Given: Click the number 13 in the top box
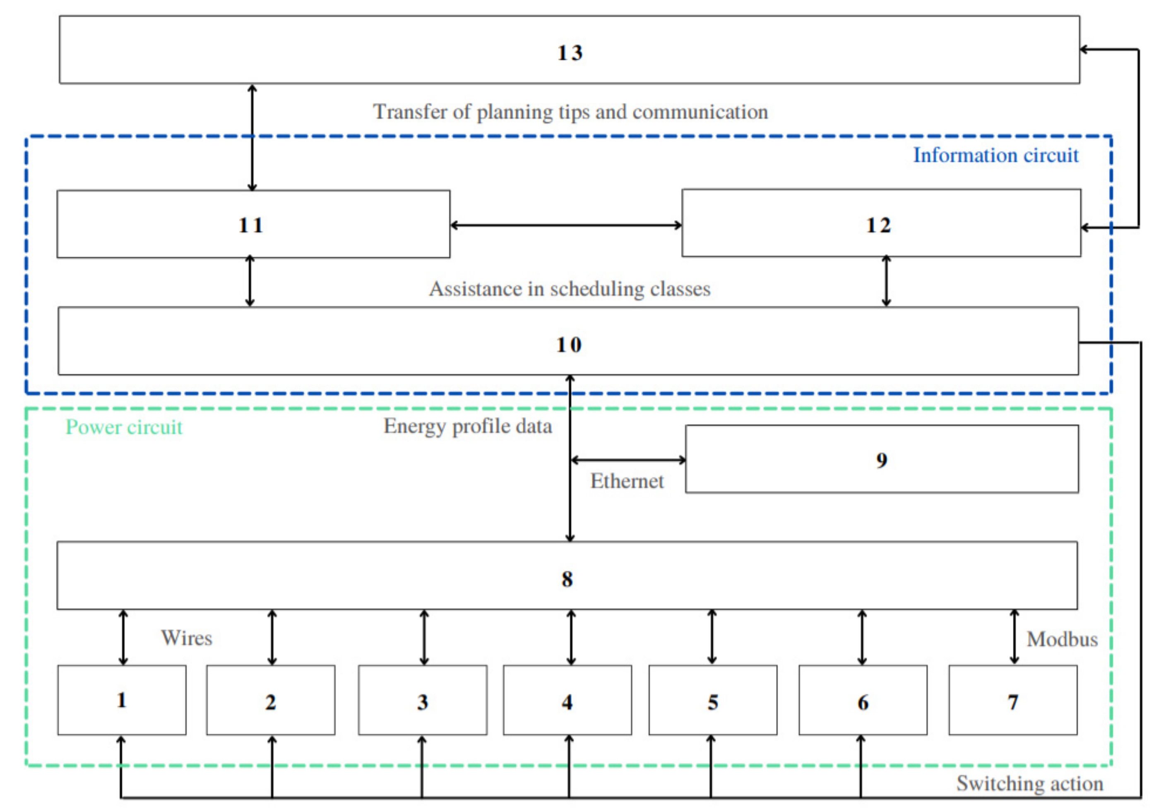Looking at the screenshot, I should tap(570, 53).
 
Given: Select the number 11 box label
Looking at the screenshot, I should tap(251, 225).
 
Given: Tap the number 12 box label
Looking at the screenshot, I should tap(878, 225).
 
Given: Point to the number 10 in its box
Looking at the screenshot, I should tap(569, 345).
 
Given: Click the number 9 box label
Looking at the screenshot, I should tap(881, 460).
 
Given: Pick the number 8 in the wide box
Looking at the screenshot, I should tap(567, 579).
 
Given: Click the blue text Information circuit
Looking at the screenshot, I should tap(995, 155).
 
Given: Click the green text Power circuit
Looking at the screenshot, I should tap(124, 427).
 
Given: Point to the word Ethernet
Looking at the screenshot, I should tap(627, 481).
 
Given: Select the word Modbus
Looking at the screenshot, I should tap(1062, 639).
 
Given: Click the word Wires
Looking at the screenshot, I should tap(186, 638).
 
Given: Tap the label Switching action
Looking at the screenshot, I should tap(1030, 784).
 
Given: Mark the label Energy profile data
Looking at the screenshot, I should tap(467, 427).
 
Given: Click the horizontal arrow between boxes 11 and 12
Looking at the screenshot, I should tap(565, 225).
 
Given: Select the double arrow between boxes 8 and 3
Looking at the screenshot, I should tap(424, 637).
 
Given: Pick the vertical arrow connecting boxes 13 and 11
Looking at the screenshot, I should tap(252, 137).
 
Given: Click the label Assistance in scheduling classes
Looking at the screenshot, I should tap(570, 289).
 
